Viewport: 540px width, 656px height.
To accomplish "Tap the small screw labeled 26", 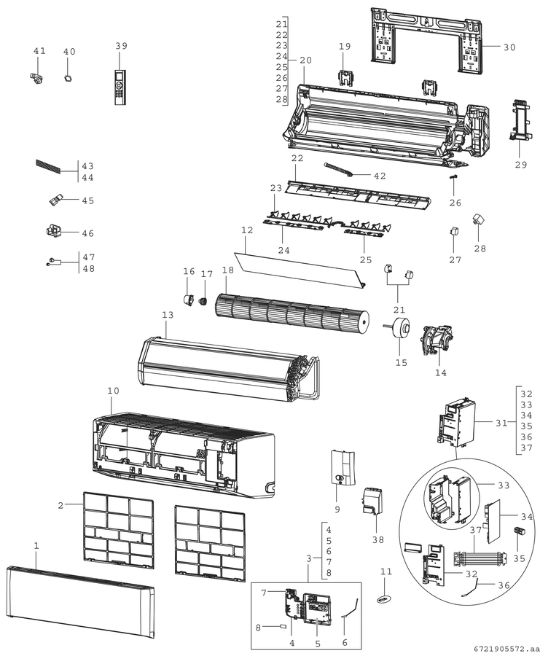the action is coord(452,182).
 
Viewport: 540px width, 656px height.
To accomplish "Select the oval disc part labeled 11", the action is coord(383,600).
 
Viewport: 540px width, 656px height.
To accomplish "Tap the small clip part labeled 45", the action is coord(55,200).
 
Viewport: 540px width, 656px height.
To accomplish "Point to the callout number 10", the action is coord(113,391).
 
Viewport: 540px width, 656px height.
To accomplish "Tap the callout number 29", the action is coord(521,165).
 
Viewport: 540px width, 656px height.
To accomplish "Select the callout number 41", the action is coord(39,51).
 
